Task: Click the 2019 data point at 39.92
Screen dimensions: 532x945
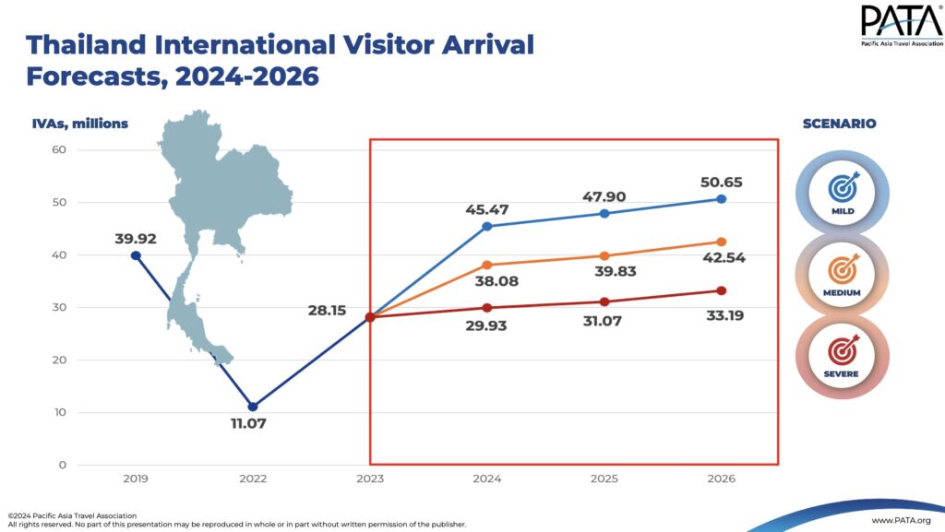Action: tap(136, 255)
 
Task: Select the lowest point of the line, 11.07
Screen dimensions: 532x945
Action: tap(253, 407)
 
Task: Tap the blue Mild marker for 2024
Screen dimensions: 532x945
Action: tap(486, 226)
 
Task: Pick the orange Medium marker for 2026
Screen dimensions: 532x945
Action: tap(721, 242)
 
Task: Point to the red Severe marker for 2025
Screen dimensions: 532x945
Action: tap(604, 301)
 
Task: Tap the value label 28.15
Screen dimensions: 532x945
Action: tap(328, 311)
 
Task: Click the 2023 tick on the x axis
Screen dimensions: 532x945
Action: tap(370, 479)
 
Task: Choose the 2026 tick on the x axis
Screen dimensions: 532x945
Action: tap(721, 479)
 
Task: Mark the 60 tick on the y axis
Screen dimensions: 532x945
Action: tap(59, 149)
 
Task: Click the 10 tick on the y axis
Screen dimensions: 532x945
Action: tap(59, 412)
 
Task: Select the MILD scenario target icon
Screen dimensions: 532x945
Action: tap(841, 187)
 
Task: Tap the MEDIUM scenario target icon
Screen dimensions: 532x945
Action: tap(841, 269)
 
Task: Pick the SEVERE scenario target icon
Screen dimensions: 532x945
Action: tap(841, 351)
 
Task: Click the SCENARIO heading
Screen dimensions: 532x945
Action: tap(839, 124)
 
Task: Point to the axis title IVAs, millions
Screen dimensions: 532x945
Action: tap(80, 124)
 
